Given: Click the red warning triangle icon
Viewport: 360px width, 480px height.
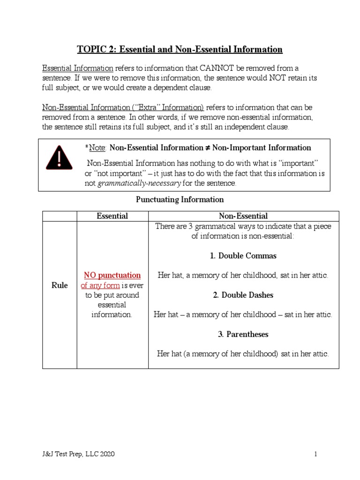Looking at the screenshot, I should tap(59, 157).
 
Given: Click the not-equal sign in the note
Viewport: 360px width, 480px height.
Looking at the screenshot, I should tap(207, 148).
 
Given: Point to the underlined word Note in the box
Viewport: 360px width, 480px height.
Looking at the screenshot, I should tap(97, 148).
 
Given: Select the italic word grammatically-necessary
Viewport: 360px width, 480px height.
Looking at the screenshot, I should tap(139, 183).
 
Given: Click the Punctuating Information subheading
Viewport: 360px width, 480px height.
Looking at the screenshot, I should tap(180, 200).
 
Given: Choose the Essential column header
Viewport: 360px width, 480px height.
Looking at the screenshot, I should tap(112, 216).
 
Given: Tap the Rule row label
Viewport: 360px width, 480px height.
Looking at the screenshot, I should tap(60, 285).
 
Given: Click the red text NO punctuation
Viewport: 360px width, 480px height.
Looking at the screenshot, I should tap(112, 275).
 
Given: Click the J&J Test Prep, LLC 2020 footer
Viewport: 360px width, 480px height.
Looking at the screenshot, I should tap(78, 454).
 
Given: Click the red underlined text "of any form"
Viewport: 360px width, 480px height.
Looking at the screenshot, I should tap(100, 285).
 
